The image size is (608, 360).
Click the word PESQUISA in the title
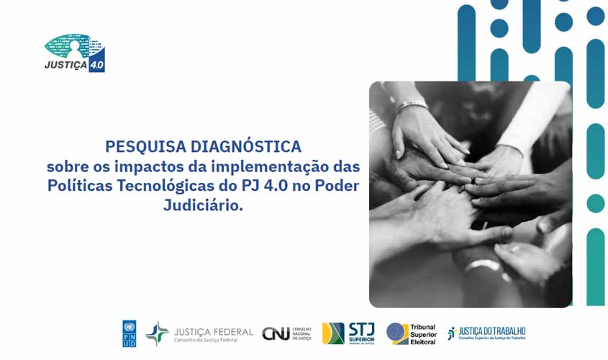[x=145, y=147]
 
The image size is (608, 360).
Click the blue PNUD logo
[x=130, y=333]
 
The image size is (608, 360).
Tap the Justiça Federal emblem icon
[x=157, y=333]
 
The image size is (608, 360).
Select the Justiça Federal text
[x=213, y=332]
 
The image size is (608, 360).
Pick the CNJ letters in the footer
[x=276, y=333]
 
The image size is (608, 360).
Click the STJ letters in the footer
[x=360, y=329]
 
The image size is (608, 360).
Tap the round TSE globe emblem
[x=397, y=333]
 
